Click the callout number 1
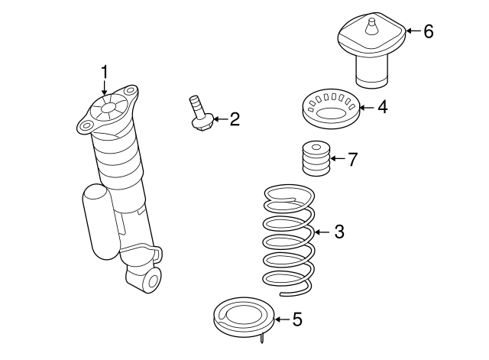[x=105, y=72]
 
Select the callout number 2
[x=235, y=118]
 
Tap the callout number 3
[x=338, y=232]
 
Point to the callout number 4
[x=381, y=108]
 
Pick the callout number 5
[x=297, y=319]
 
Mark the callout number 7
[x=351, y=160]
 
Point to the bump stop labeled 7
[x=316, y=159]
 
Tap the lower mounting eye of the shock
[x=150, y=278]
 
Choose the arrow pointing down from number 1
[x=105, y=89]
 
